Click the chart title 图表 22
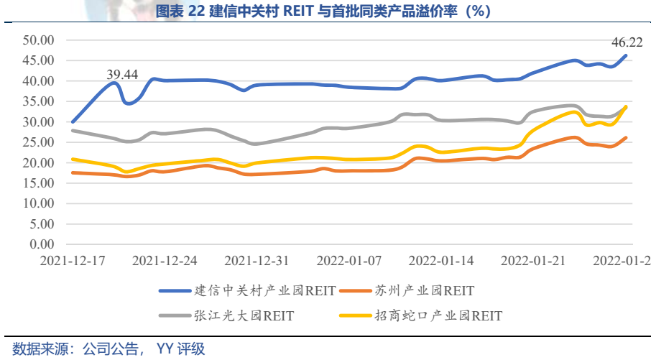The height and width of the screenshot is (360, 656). tap(180, 11)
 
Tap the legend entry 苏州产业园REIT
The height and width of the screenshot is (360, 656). tap(425, 291)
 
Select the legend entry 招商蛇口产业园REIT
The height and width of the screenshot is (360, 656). tap(438, 315)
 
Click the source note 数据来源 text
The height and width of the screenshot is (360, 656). tap(37, 349)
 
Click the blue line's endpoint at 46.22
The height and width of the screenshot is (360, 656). tap(626, 55)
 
